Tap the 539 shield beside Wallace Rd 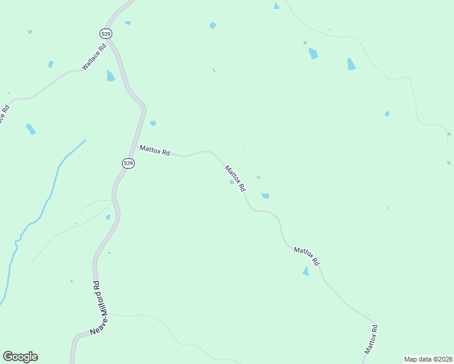tap(107, 33)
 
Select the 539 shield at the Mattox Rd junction tap(128, 163)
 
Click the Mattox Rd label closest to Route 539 tap(154, 150)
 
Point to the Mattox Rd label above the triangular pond tap(307, 255)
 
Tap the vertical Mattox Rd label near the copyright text tap(371, 339)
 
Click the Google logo tap(20, 357)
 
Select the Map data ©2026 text tap(428, 359)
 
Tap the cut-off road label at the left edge tap(4, 115)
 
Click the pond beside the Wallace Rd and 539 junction tap(110, 76)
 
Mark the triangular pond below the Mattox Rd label tap(305, 271)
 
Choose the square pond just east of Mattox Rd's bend tap(265, 195)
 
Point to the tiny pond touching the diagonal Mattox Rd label tap(231, 181)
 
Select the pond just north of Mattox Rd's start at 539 tap(153, 123)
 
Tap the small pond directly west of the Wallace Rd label tap(51, 64)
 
